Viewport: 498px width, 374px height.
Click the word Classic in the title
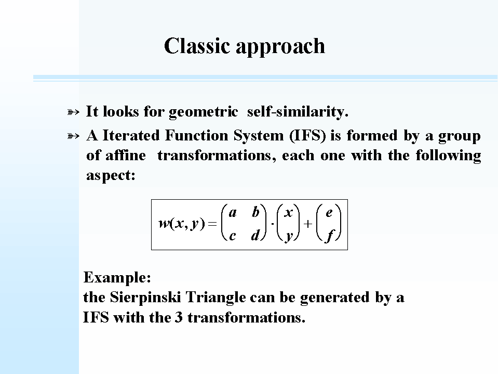pyautogui.click(x=197, y=46)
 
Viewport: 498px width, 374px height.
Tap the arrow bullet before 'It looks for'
pyautogui.click(x=73, y=112)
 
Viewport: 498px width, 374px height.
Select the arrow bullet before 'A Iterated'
pyautogui.click(x=73, y=136)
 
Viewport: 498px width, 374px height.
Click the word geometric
pyautogui.click(x=203, y=112)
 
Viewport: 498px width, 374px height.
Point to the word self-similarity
pyautogui.click(x=298, y=112)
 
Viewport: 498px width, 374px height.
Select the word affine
pyautogui.click(x=126, y=156)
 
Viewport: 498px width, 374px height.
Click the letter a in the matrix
pyautogui.click(x=233, y=213)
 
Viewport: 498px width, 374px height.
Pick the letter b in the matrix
pyautogui.click(x=255, y=212)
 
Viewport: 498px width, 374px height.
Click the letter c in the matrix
pyautogui.click(x=233, y=236)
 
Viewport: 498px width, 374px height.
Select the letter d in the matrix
pyautogui.click(x=255, y=235)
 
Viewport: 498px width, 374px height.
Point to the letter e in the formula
pyautogui.click(x=329, y=213)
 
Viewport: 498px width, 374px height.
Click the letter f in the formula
pyautogui.click(x=329, y=236)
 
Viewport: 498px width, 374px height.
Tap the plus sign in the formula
pyautogui.click(x=307, y=224)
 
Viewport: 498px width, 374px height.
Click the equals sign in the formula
pyautogui.click(x=212, y=224)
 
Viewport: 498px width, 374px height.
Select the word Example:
pyautogui.click(x=117, y=278)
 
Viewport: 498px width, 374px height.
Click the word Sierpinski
pyautogui.click(x=145, y=298)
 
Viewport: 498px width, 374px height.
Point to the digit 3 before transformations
pyautogui.click(x=179, y=317)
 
